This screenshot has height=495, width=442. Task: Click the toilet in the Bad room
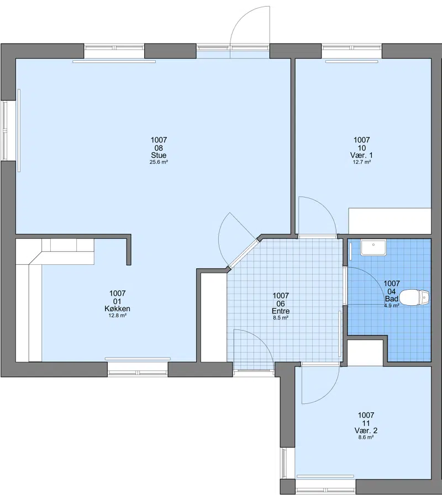(x=414, y=297)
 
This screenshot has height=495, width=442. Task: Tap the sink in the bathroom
(x=373, y=247)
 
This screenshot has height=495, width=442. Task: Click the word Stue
(x=159, y=155)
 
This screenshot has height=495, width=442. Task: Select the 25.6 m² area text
(x=159, y=162)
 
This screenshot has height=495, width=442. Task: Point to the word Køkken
(x=117, y=308)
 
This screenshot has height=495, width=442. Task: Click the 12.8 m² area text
(x=117, y=315)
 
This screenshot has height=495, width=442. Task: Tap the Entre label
(x=281, y=311)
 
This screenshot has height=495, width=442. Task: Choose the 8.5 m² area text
(x=281, y=318)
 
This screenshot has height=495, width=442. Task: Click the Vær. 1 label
(x=362, y=155)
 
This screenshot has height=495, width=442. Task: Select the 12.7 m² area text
(x=362, y=162)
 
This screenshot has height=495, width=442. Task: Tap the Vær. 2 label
(x=366, y=430)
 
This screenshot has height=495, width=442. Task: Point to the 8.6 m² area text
(x=366, y=438)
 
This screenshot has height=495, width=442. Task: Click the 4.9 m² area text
(x=391, y=306)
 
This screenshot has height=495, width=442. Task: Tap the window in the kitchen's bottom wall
(x=138, y=369)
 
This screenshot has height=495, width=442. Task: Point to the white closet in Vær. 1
(x=390, y=221)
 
